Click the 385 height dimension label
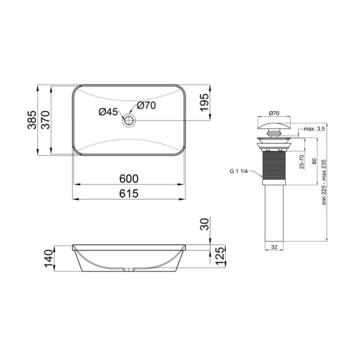pos(31,120)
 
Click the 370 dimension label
pos(45,120)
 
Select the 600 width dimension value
pos(129,179)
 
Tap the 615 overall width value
pos(129,193)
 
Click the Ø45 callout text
pos(108,112)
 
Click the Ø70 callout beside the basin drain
pos(146,106)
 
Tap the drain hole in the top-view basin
pos(129,120)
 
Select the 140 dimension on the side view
pos(49,259)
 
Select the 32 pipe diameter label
pos(274,247)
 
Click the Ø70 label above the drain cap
pos(274,112)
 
